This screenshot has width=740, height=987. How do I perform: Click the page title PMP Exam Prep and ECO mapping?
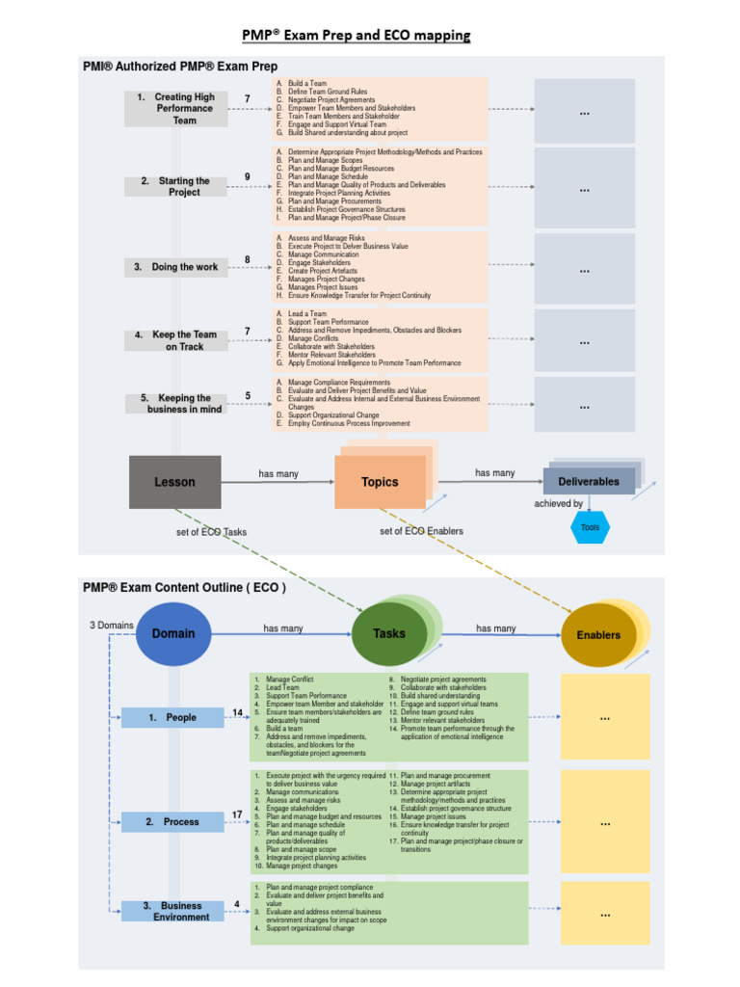356,36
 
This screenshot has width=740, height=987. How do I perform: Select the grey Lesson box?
174,482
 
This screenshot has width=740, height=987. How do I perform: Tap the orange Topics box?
379,482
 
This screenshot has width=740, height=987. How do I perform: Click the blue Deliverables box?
588,481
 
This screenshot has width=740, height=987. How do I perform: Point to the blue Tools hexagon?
590,527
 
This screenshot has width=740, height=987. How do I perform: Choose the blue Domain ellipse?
172,633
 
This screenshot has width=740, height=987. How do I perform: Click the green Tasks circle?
388,634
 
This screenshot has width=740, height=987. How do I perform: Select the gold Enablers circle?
598,635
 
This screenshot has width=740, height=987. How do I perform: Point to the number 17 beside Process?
237,815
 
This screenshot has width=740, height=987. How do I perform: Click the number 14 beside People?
237,712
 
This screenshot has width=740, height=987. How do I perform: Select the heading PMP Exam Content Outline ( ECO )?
184,586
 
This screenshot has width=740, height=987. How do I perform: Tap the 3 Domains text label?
112,626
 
